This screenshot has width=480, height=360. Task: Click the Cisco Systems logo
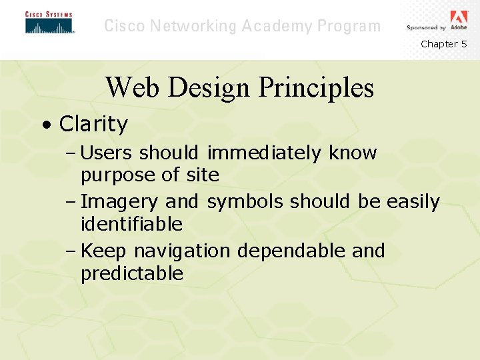tap(49, 23)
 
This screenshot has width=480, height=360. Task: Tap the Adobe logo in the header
tap(459, 20)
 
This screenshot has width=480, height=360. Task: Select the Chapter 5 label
tap(443, 44)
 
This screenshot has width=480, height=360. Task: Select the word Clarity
tap(93, 124)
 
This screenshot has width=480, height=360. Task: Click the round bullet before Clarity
tap(45, 125)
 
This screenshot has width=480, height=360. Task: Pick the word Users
tap(106, 153)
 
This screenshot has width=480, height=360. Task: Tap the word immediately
tap(265, 153)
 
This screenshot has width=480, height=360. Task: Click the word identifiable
tap(131, 224)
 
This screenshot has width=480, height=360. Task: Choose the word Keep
tap(105, 251)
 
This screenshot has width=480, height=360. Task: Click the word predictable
tap(132, 273)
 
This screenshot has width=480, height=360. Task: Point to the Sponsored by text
tap(427, 28)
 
